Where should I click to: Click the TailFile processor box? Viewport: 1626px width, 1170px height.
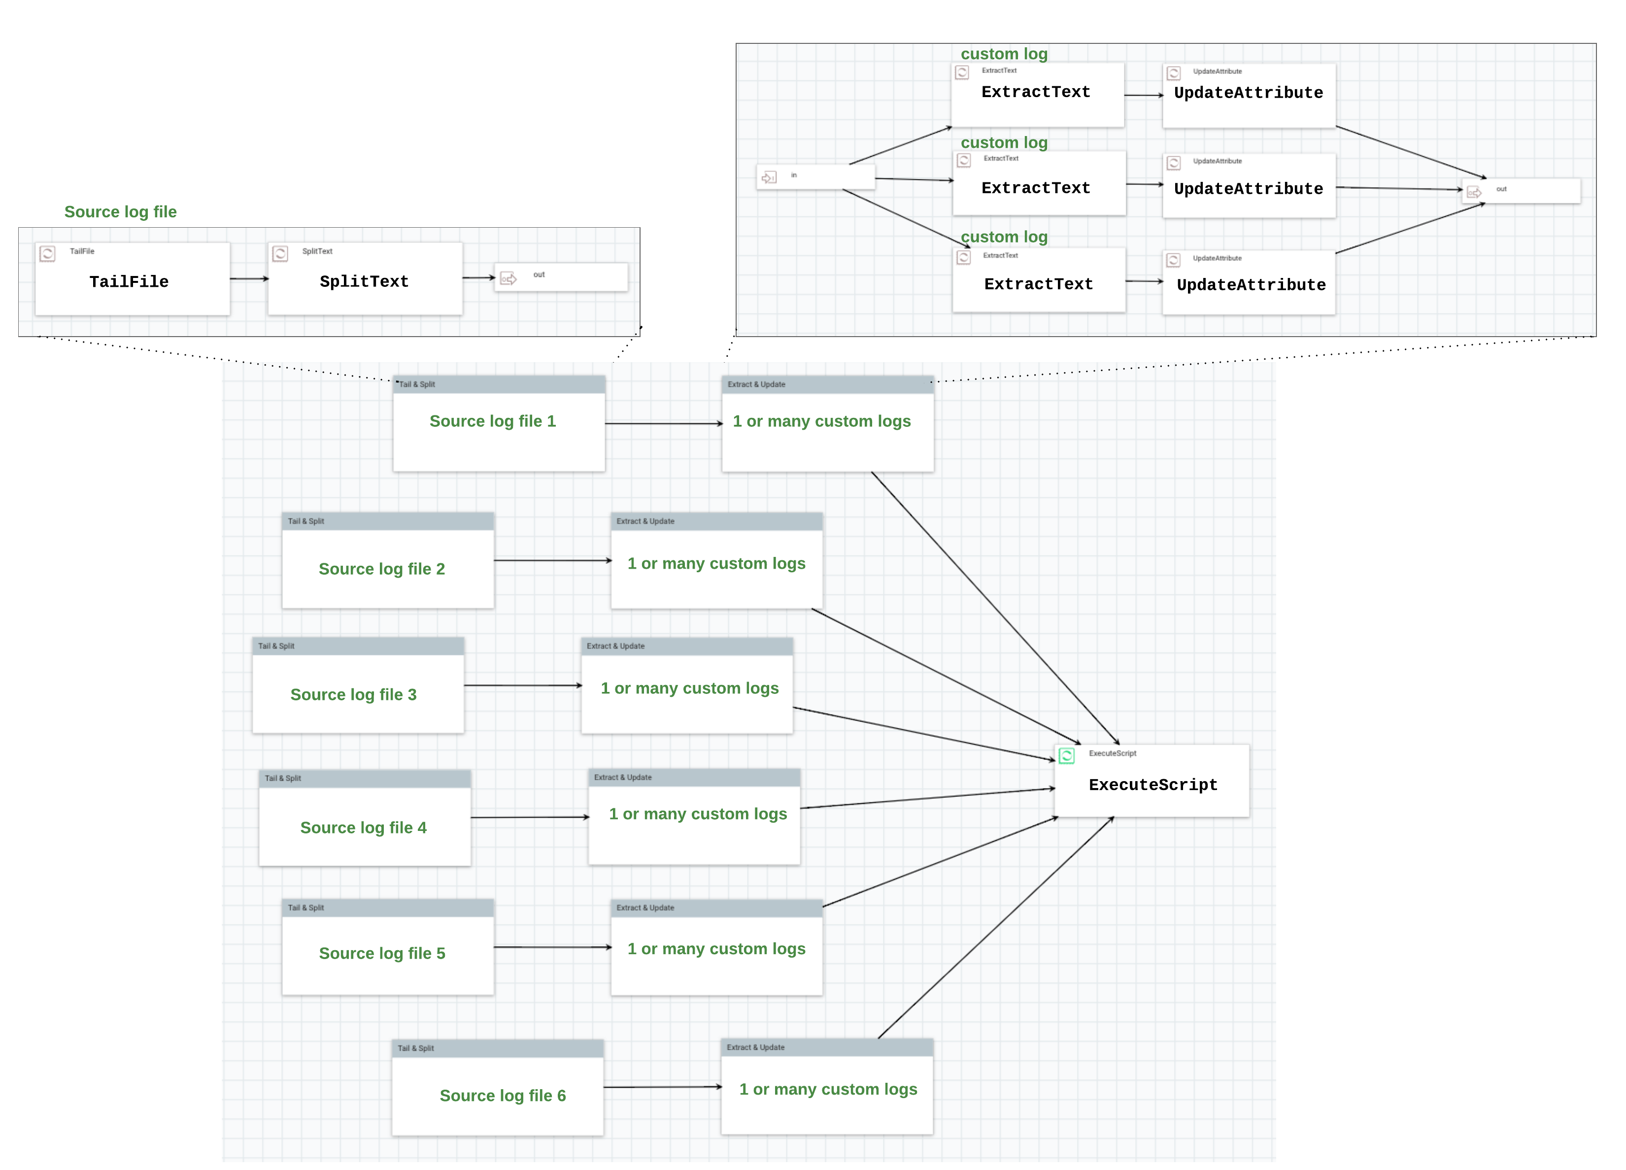coord(133,279)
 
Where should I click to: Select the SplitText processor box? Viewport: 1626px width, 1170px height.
coord(365,279)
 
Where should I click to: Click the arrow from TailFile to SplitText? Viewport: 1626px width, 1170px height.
coord(249,278)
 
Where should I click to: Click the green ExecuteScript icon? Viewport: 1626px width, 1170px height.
coord(1067,756)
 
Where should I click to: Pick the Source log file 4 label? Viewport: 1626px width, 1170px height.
coord(364,827)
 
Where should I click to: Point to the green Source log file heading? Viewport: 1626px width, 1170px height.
coord(120,211)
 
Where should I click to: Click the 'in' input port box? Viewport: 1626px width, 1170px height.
coord(816,176)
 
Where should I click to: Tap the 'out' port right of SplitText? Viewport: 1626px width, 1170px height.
coord(561,276)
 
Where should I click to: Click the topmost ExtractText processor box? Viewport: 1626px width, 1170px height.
coord(1037,95)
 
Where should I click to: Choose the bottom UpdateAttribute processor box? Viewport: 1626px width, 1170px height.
coord(1249,284)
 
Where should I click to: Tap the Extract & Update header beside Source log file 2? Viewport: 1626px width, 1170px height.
coord(716,521)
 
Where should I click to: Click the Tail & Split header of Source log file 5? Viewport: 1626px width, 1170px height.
coord(388,908)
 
